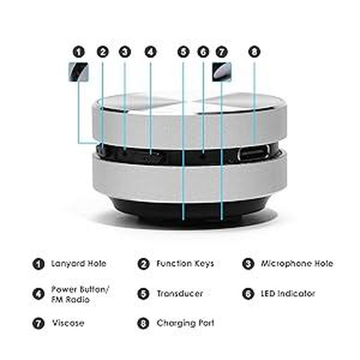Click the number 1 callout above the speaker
79,52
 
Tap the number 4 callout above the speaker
150,52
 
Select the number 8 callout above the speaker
254,52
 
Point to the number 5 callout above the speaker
183,52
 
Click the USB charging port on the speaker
254,153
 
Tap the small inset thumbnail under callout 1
77,72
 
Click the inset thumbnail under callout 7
222,71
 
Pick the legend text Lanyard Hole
78,263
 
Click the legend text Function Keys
185,263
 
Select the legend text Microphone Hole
297,263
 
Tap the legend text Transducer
180,293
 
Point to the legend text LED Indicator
288,293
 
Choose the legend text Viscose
67,323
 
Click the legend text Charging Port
185,323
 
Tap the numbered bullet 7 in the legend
38,324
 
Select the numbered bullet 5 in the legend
143,294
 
